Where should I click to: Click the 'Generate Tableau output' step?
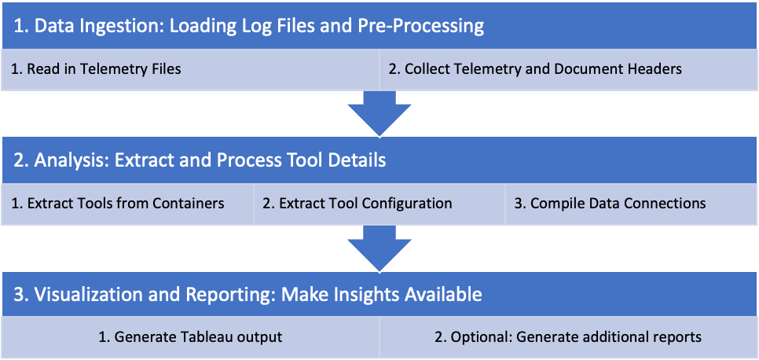pos(189,337)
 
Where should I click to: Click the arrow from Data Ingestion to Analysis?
pos(379,113)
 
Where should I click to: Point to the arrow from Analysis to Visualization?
pos(379,248)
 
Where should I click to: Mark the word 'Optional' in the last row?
pos(478,337)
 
